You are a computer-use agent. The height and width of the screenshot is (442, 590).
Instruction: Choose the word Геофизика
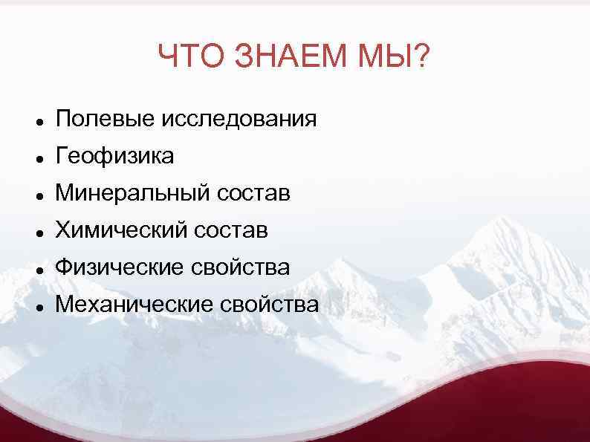click(115, 155)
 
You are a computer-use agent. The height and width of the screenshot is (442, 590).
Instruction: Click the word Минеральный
click(133, 193)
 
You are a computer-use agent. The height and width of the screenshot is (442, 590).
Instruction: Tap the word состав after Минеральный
click(253, 193)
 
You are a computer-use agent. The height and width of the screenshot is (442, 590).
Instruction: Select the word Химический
click(123, 230)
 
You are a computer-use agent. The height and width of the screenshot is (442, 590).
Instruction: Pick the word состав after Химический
click(232, 230)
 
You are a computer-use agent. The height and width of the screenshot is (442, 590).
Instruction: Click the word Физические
click(120, 267)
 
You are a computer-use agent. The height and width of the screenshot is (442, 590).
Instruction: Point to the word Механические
click(134, 304)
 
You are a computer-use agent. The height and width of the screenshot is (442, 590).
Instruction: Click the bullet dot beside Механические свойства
click(36, 306)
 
